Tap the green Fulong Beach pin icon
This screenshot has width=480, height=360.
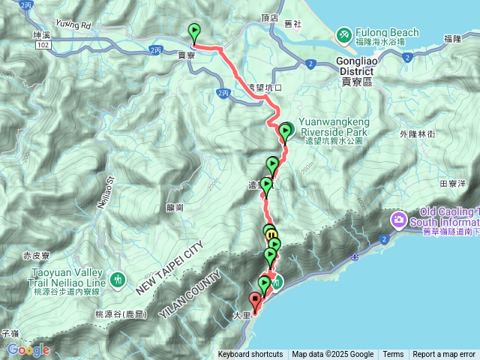(344, 34)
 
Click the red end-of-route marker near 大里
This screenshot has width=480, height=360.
(255, 303)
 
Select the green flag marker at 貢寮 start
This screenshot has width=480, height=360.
(195, 32)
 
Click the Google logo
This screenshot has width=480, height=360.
(27, 349)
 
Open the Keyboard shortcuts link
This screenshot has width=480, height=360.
(250, 355)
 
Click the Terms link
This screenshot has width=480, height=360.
(393, 355)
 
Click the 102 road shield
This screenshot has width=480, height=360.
(43, 46)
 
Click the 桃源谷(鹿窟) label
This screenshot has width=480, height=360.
(121, 314)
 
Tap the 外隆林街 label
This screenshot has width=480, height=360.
(418, 133)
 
